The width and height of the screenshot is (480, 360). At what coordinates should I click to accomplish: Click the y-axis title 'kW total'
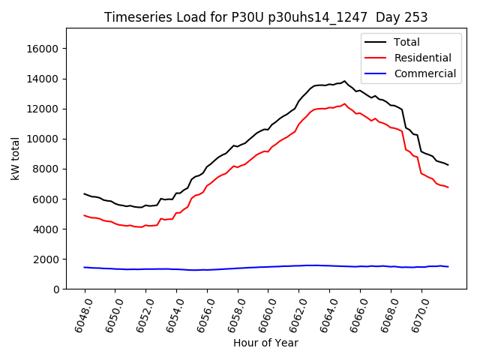coord(15,158)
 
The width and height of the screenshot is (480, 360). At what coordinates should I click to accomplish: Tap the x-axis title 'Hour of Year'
coord(265,343)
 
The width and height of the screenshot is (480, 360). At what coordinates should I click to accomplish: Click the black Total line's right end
coord(448,165)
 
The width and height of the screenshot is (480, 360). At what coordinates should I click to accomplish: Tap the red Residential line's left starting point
coord(85,215)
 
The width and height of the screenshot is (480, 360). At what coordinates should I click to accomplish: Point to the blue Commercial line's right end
coord(448,267)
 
